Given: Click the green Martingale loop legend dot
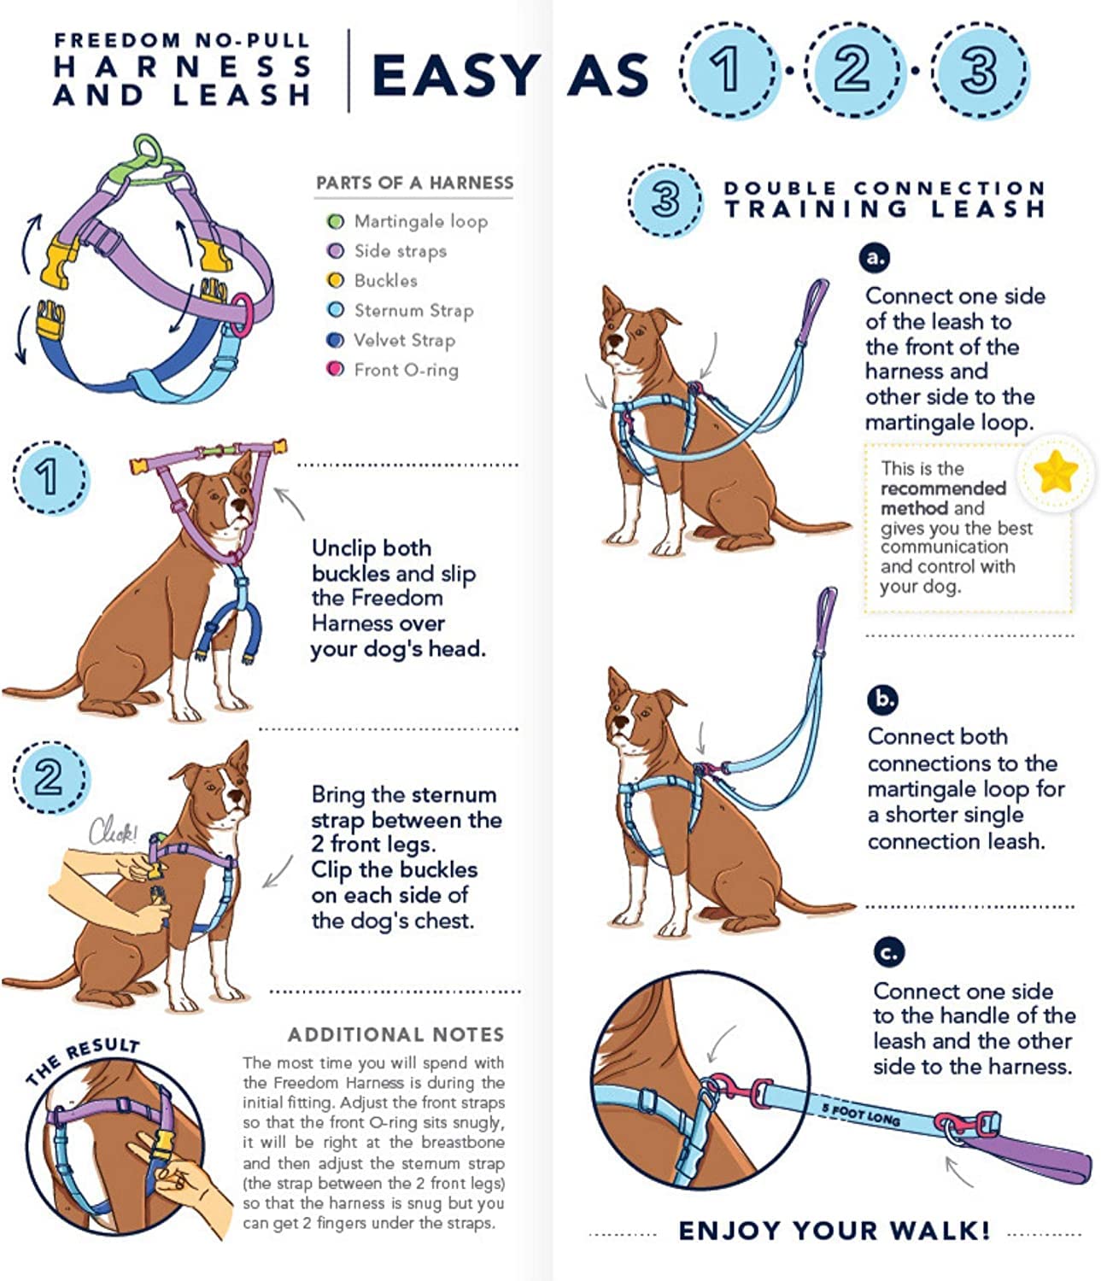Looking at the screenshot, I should tap(336, 222).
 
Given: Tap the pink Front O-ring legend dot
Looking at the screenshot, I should tap(336, 370).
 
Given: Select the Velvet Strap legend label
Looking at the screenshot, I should tap(404, 340).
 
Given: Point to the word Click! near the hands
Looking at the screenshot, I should tap(114, 832).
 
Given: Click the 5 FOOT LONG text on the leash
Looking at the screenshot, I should tap(860, 1114).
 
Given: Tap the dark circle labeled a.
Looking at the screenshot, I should tap(876, 257).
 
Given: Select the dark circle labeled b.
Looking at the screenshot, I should tap(882, 699).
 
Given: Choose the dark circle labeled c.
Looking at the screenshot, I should tap(889, 951).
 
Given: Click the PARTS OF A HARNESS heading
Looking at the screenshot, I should tap(414, 183).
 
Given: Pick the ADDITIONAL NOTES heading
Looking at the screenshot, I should tap(395, 1034).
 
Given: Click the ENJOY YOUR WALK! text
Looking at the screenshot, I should tap(834, 1231).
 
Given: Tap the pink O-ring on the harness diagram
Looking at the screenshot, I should tap(243, 308).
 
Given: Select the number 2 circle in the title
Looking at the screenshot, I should tap(852, 69).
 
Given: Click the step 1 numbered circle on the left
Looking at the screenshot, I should tap(49, 477).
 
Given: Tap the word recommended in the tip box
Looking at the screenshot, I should tap(942, 488).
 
